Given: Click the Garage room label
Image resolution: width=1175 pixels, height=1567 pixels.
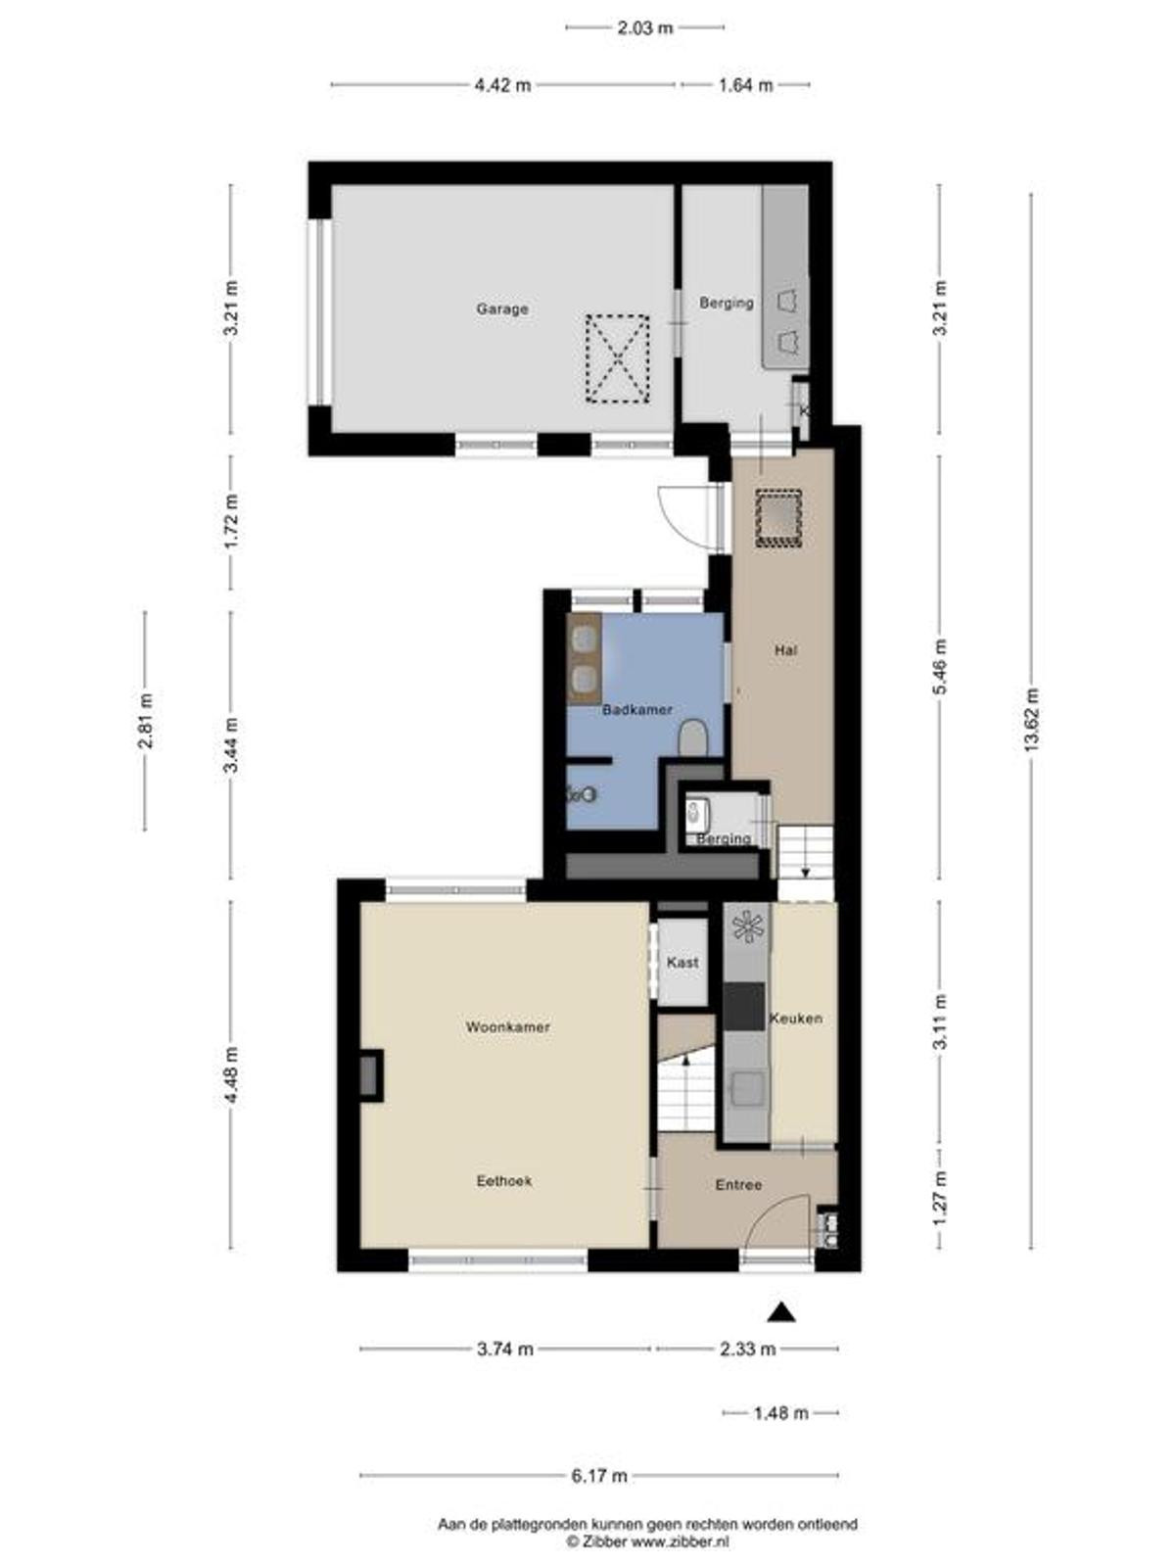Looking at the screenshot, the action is pyautogui.click(x=502, y=309).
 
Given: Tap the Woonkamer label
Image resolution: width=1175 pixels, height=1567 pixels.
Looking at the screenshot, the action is pyautogui.click(x=507, y=1027).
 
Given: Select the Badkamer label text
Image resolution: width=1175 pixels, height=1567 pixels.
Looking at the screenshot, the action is pyautogui.click(x=637, y=710).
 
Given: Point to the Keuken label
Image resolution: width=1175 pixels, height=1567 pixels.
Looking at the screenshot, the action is pyautogui.click(x=795, y=1018).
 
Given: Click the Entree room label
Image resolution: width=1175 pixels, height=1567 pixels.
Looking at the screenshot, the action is pyautogui.click(x=738, y=1184).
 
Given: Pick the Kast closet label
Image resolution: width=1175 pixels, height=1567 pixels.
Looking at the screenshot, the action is pyautogui.click(x=682, y=963).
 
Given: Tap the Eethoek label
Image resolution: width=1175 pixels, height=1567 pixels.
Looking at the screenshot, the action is pyautogui.click(x=504, y=1181).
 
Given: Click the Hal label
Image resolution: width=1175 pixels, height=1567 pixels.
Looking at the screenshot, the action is pyautogui.click(x=785, y=650).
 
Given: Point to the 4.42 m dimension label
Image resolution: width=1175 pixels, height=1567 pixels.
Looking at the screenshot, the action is pyautogui.click(x=503, y=85).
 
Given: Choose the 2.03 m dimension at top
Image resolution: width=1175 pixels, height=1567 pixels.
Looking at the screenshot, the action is pyautogui.click(x=645, y=28).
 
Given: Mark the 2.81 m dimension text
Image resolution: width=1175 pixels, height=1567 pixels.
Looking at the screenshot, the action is pyautogui.click(x=146, y=721).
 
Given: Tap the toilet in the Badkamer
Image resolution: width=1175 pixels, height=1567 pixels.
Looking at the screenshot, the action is pyautogui.click(x=692, y=737).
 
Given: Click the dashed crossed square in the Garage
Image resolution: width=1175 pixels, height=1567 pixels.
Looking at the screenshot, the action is pyautogui.click(x=617, y=359).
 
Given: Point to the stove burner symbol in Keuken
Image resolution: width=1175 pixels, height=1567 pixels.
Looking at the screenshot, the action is pyautogui.click(x=748, y=926).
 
